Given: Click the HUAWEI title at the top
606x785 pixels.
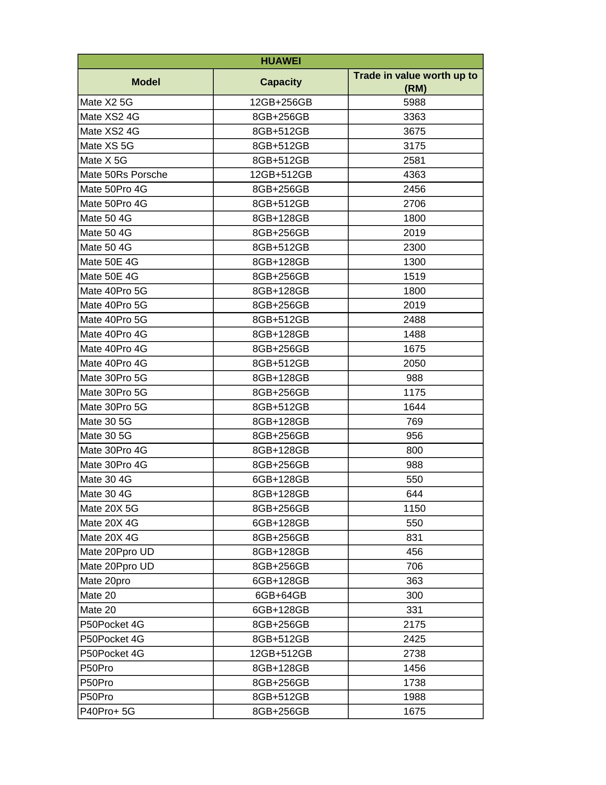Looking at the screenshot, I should coord(281,61).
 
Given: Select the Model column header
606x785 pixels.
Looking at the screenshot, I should coord(146,82).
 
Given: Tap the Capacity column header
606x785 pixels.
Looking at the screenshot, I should coord(281,82).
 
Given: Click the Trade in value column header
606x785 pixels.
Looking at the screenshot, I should coord(415,82).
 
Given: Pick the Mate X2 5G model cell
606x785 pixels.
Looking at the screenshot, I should coord(106,102).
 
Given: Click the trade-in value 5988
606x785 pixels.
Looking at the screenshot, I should coord(415,102).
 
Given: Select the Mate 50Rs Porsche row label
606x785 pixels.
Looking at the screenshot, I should coord(124,175).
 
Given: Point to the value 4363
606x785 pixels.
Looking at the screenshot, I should coord(415,175).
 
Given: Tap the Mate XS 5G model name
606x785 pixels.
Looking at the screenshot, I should coord(107,146).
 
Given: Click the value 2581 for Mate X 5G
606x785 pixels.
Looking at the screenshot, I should coord(415,160).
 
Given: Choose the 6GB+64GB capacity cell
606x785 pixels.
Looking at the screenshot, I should coord(281,595).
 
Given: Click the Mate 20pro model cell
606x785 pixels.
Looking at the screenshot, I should coord(105,581).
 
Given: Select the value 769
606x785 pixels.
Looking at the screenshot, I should coord(415,422).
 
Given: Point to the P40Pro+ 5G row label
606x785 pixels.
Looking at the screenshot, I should coord(107,711).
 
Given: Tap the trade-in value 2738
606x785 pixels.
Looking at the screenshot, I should coord(415,654).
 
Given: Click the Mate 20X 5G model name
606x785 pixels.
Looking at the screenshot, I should coord(109,509).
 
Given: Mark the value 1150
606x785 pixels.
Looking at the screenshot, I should coord(415,509).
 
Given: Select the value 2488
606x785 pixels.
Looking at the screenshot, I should coord(415,320).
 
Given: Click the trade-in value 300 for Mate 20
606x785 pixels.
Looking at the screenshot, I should coord(415,595).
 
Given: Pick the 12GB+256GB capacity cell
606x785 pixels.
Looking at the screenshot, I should coord(281,102).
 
